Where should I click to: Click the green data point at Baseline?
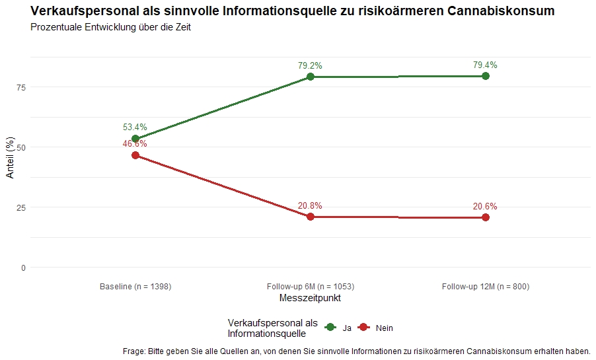135,139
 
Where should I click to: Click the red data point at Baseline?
135,155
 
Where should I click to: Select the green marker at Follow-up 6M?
311,77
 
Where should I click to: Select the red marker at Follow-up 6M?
311,217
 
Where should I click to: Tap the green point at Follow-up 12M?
486,76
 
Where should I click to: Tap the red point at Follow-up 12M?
486,217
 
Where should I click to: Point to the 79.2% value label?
310,65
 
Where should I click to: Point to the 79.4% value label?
485,65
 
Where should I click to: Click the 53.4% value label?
135,127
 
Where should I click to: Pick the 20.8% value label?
310,206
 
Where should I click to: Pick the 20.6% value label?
485,206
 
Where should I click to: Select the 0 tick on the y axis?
24,268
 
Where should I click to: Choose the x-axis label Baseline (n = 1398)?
135,287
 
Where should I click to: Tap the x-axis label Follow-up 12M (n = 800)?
486,287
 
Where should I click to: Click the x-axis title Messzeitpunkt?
310,299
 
